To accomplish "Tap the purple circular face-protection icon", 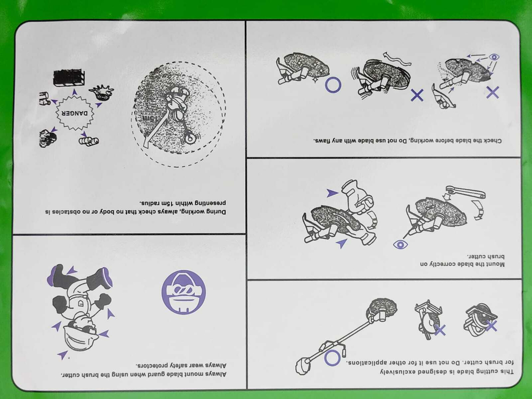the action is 184,292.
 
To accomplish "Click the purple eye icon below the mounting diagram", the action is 401,244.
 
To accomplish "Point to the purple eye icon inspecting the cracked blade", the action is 494,57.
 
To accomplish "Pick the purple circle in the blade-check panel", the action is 333,85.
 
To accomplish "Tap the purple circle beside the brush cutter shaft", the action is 332,358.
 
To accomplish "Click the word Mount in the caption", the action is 495,264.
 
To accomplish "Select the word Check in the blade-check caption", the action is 492,140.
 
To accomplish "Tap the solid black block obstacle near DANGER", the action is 69,78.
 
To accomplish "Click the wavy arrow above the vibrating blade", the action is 397,59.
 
